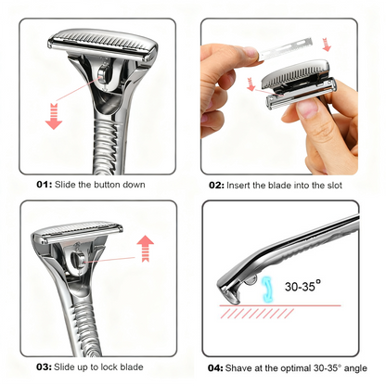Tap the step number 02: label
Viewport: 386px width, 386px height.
point(217,185)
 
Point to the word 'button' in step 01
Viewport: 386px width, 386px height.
point(107,185)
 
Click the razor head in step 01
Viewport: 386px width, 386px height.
point(94,42)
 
